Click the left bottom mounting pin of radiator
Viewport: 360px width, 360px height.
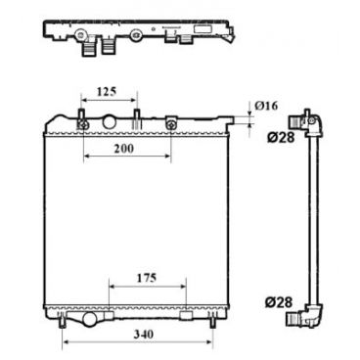tap(64, 324)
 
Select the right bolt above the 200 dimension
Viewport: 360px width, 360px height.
tap(171, 124)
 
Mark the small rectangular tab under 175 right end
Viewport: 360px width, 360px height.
tap(185, 314)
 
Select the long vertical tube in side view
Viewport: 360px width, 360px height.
tap(311, 220)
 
